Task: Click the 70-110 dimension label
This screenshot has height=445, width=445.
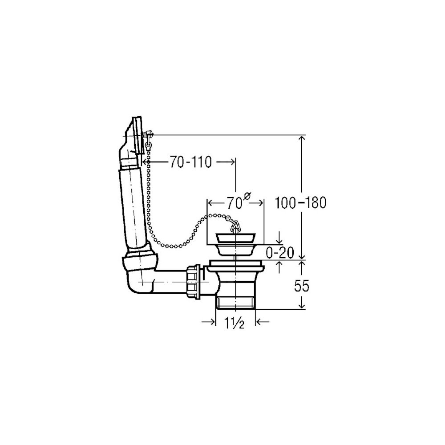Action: (191, 162)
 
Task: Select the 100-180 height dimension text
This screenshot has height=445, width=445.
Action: (301, 202)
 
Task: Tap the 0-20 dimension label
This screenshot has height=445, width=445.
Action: (280, 252)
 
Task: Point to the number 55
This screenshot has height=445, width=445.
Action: (301, 286)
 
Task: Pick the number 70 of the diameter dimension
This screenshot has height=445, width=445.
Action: (235, 203)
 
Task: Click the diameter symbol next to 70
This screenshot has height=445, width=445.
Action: (247, 196)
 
